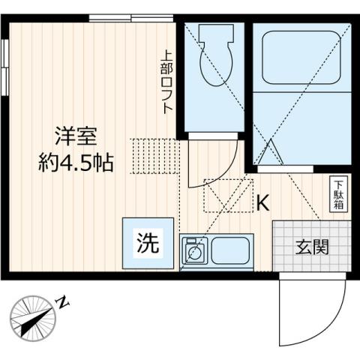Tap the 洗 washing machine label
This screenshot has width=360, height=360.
[148, 242]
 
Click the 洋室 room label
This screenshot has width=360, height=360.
[75, 137]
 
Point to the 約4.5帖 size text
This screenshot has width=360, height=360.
[76, 163]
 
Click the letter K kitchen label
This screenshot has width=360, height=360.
[263, 202]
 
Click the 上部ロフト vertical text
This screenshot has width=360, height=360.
[168, 81]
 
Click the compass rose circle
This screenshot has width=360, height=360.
[31, 318]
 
